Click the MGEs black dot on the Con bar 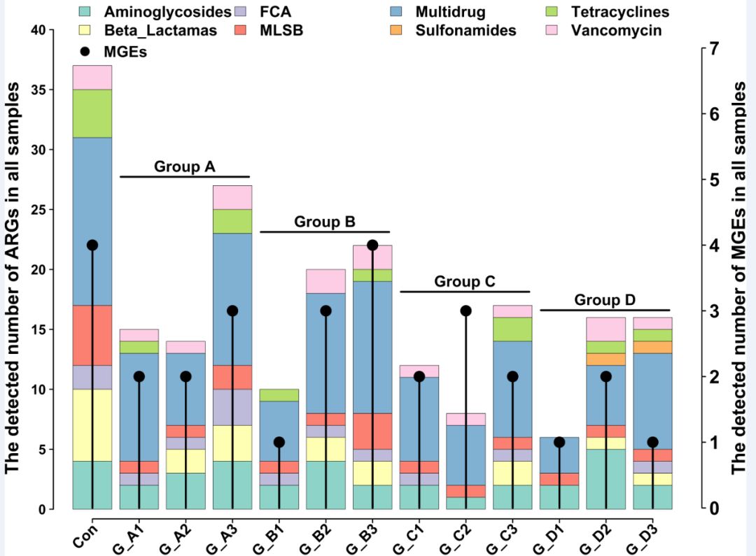click(x=92, y=245)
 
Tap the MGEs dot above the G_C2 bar click(x=466, y=311)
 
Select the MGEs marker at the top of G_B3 click(x=372, y=245)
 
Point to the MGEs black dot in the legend click(x=85, y=51)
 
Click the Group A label click(x=184, y=166)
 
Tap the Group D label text click(x=605, y=300)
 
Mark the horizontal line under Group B click(x=325, y=231)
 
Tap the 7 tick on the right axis click(x=713, y=48)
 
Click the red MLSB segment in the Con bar click(x=92, y=335)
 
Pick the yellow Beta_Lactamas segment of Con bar click(x=92, y=425)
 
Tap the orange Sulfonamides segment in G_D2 click(x=606, y=359)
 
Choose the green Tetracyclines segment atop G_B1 click(x=279, y=395)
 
